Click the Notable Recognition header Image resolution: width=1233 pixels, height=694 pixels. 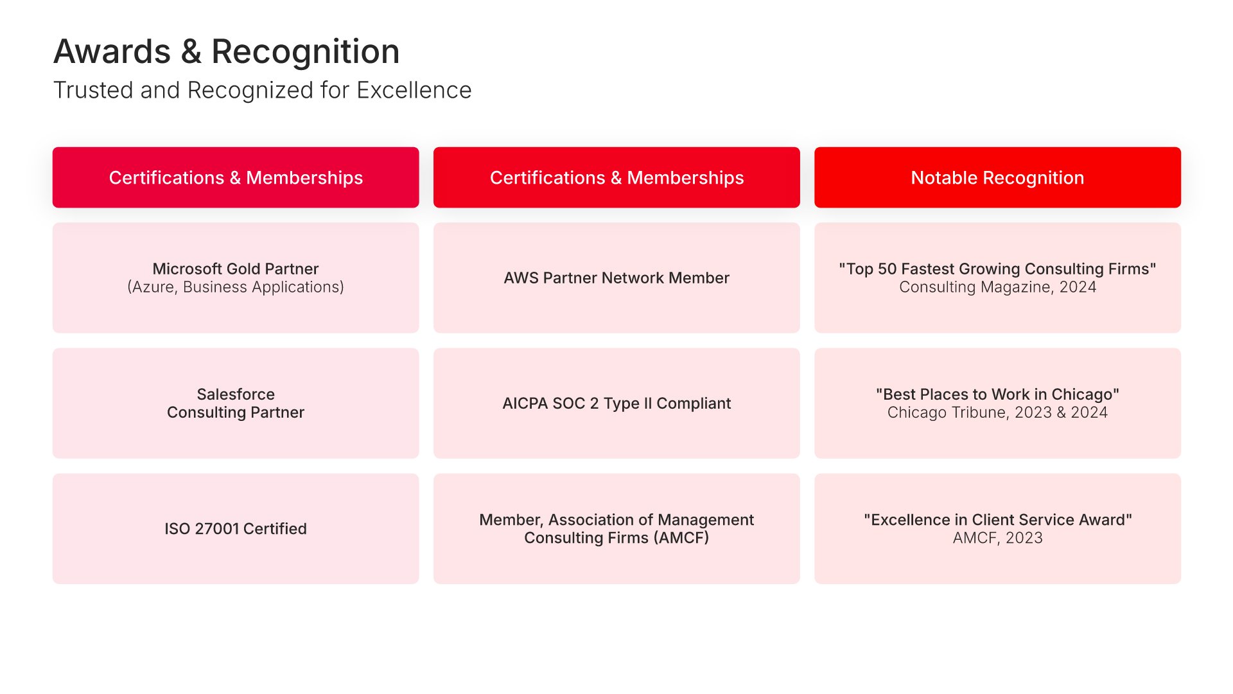click(997, 177)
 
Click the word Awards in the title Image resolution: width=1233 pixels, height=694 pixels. click(112, 51)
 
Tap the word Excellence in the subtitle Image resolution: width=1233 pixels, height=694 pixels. click(414, 91)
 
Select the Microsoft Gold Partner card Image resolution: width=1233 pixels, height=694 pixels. click(236, 278)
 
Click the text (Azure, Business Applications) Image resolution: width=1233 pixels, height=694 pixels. click(236, 287)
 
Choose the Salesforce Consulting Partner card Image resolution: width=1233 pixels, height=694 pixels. click(236, 403)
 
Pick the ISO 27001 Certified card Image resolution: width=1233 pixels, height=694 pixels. click(236, 529)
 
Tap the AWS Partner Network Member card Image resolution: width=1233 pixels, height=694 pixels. click(616, 278)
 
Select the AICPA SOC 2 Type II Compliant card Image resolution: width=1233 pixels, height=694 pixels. click(616, 403)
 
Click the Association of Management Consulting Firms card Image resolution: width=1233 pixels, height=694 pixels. click(616, 529)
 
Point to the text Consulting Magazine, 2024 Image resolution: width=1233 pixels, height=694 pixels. click(997, 287)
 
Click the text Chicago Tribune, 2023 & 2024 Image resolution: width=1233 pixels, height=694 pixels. click(997, 413)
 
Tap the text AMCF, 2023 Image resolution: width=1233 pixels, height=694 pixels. click(997, 538)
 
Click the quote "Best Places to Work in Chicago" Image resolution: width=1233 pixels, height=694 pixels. click(997, 395)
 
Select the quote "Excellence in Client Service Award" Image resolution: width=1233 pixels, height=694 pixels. click(997, 520)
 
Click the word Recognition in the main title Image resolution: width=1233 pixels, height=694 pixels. click(306, 52)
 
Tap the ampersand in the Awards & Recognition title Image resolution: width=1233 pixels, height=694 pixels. click(191, 51)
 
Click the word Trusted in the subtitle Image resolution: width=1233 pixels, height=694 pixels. click(94, 91)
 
